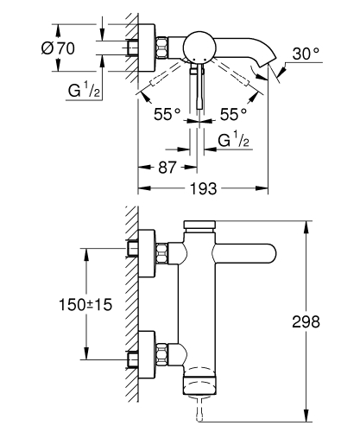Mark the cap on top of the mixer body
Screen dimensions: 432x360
tap(201, 226)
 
